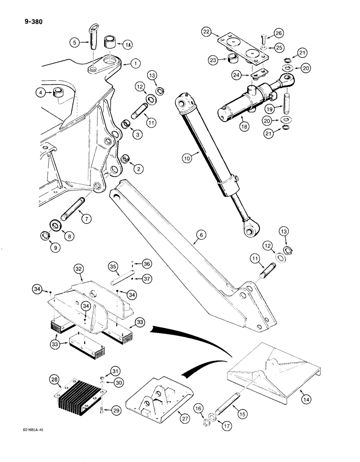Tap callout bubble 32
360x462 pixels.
pyautogui.click(x=79, y=268)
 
